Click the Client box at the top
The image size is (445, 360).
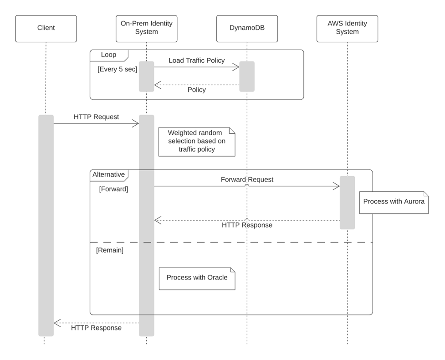coord(46,28)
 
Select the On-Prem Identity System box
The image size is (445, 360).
coord(146,28)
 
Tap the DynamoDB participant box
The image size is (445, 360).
coord(246,28)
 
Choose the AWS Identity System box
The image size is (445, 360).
coord(347,28)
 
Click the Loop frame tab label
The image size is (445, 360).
coord(108,55)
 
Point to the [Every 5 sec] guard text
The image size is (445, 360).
coord(117,69)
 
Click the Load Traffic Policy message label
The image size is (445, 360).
coord(196,60)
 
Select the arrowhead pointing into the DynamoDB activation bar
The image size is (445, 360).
coord(236,67)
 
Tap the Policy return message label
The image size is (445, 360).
coord(196,90)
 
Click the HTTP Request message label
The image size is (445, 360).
coord(96,117)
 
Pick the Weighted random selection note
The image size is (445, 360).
coord(196,141)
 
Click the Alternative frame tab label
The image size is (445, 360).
coord(108,174)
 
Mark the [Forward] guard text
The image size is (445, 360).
coord(113,189)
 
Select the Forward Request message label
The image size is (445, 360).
coord(247,179)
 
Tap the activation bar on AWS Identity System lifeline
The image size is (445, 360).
coord(347,203)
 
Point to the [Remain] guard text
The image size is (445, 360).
coord(109,250)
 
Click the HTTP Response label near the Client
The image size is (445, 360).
coord(96,328)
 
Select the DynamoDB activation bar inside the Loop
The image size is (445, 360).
coord(246,76)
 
